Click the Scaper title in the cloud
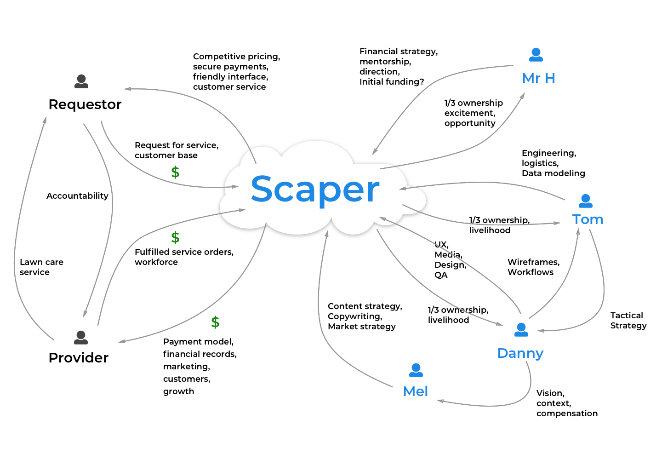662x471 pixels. [x=315, y=189]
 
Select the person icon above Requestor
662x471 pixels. [x=81, y=81]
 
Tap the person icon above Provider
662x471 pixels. [x=81, y=338]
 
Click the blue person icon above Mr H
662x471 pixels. [x=536, y=55]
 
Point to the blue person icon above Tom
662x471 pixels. [x=586, y=201]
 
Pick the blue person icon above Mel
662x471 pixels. [x=416, y=370]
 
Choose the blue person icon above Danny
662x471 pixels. [x=521, y=330]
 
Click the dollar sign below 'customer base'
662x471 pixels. [x=175, y=172]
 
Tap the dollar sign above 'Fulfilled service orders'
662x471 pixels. [x=175, y=238]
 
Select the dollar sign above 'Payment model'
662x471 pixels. [x=215, y=322]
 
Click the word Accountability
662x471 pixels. [x=77, y=196]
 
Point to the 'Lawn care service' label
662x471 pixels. [x=41, y=267]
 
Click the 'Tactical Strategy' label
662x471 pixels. [x=628, y=321]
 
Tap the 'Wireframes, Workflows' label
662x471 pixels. [x=533, y=267]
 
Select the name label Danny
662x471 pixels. [x=520, y=353]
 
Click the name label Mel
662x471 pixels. [x=416, y=391]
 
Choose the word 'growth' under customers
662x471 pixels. [x=179, y=391]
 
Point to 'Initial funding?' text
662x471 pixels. [x=392, y=82]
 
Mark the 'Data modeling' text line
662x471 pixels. [x=554, y=173]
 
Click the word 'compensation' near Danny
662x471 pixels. [x=567, y=414]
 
